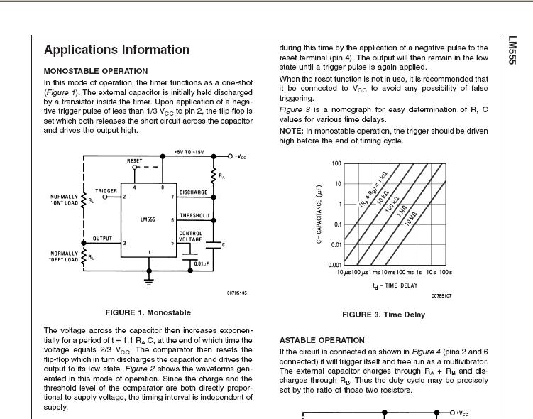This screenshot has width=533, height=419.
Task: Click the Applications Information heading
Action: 116,50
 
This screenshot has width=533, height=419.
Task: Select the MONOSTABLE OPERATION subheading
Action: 96,71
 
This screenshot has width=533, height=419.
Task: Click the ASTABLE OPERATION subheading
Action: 322,340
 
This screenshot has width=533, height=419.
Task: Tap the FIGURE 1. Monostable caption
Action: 148,312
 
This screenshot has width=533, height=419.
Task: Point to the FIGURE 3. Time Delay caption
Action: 383,315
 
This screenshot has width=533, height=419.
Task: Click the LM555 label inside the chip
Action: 148,219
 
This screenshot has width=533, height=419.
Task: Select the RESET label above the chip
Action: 135,161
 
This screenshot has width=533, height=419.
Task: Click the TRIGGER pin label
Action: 106,191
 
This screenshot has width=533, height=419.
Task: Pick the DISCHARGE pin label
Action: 193,192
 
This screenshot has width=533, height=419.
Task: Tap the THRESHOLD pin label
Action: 194,215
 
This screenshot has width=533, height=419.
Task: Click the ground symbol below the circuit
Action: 148,280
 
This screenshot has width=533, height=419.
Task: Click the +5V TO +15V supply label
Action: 189,152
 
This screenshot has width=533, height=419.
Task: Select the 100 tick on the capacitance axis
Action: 336,163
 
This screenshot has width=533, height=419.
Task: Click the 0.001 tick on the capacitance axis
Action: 334,264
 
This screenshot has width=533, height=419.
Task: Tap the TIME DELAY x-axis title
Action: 394,285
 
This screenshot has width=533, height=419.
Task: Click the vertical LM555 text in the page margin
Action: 512,51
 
